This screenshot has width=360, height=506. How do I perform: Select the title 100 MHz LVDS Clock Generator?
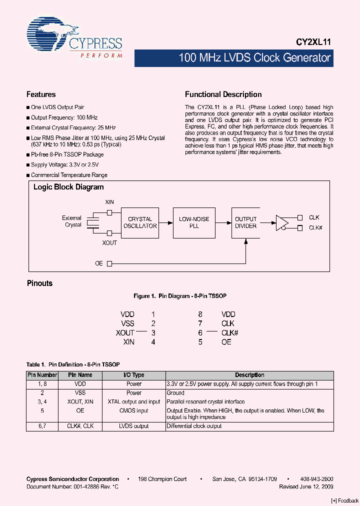tap(254, 58)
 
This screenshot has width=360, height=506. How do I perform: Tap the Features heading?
tap(41, 94)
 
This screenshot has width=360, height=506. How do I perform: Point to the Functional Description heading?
tap(223, 94)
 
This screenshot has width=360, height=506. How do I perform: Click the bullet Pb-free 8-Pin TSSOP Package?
tap(67, 154)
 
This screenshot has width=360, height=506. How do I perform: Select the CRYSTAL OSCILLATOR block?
tap(140, 222)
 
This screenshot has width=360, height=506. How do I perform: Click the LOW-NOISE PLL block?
tap(194, 222)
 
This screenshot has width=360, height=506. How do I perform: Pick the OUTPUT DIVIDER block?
tap(245, 222)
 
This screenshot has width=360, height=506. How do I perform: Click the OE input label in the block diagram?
tap(99, 263)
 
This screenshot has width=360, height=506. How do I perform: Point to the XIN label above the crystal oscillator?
tap(109, 202)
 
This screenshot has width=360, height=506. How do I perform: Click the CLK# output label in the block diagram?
tap(315, 228)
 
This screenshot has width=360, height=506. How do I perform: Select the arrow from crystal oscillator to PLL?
tap(165, 222)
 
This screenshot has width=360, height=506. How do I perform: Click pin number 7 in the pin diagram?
tap(200, 323)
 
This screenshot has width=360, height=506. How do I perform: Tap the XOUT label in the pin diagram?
tap(125, 333)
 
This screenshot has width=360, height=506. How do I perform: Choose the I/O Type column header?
tap(133, 375)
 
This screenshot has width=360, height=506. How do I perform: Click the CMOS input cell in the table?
tap(133, 410)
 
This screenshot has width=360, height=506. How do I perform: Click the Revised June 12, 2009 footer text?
tap(306, 486)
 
